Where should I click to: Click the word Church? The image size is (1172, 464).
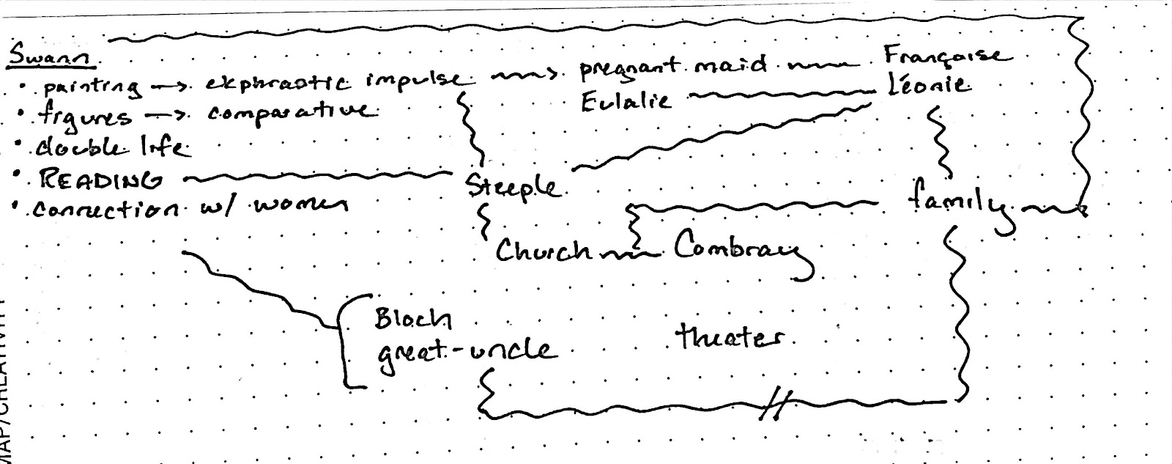pos(544,251)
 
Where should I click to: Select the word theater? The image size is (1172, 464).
pos(728,339)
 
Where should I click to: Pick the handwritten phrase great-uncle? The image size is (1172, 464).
pos(466,350)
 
